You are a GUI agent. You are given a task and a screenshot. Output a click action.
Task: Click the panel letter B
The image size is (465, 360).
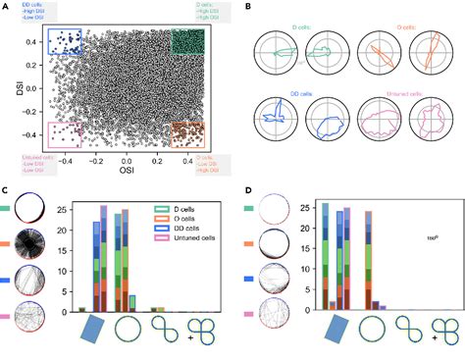pos(248,9)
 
